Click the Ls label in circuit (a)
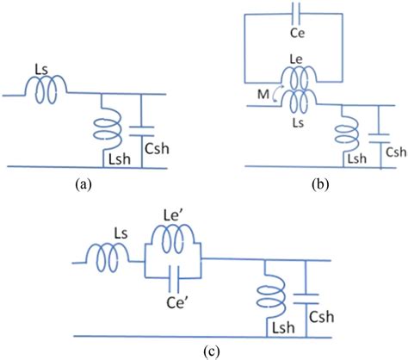pos(41,70)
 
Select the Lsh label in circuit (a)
pos(120,159)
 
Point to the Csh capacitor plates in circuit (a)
pos(141,131)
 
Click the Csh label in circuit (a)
pos(157,148)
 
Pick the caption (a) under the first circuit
pos(83,184)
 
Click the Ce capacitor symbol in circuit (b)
pos(295,14)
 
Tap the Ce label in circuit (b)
pos(298,33)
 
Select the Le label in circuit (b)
pos(296,59)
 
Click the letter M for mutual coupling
pos(263,95)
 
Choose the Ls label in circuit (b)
pos(299,123)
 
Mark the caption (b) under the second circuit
pos(320,184)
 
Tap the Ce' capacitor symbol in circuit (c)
pos(174,277)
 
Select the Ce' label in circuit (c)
pos(176,303)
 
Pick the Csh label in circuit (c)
pos(322,317)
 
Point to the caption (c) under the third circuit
pos(212,351)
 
